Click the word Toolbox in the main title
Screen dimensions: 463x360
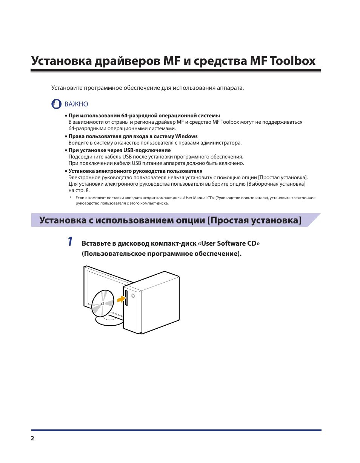292,61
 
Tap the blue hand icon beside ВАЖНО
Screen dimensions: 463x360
56,104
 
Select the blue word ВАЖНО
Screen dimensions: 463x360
76,104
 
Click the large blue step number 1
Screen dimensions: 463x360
70,242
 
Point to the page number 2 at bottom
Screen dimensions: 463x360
32,438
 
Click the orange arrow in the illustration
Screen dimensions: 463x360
120,299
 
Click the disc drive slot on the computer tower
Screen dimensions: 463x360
126,298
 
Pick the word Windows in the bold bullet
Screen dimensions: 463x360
186,136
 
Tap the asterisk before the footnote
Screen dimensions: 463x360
70,198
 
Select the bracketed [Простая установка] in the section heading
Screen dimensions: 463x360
255,220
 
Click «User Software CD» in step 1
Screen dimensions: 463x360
229,243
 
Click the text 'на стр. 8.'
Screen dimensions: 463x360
79,190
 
